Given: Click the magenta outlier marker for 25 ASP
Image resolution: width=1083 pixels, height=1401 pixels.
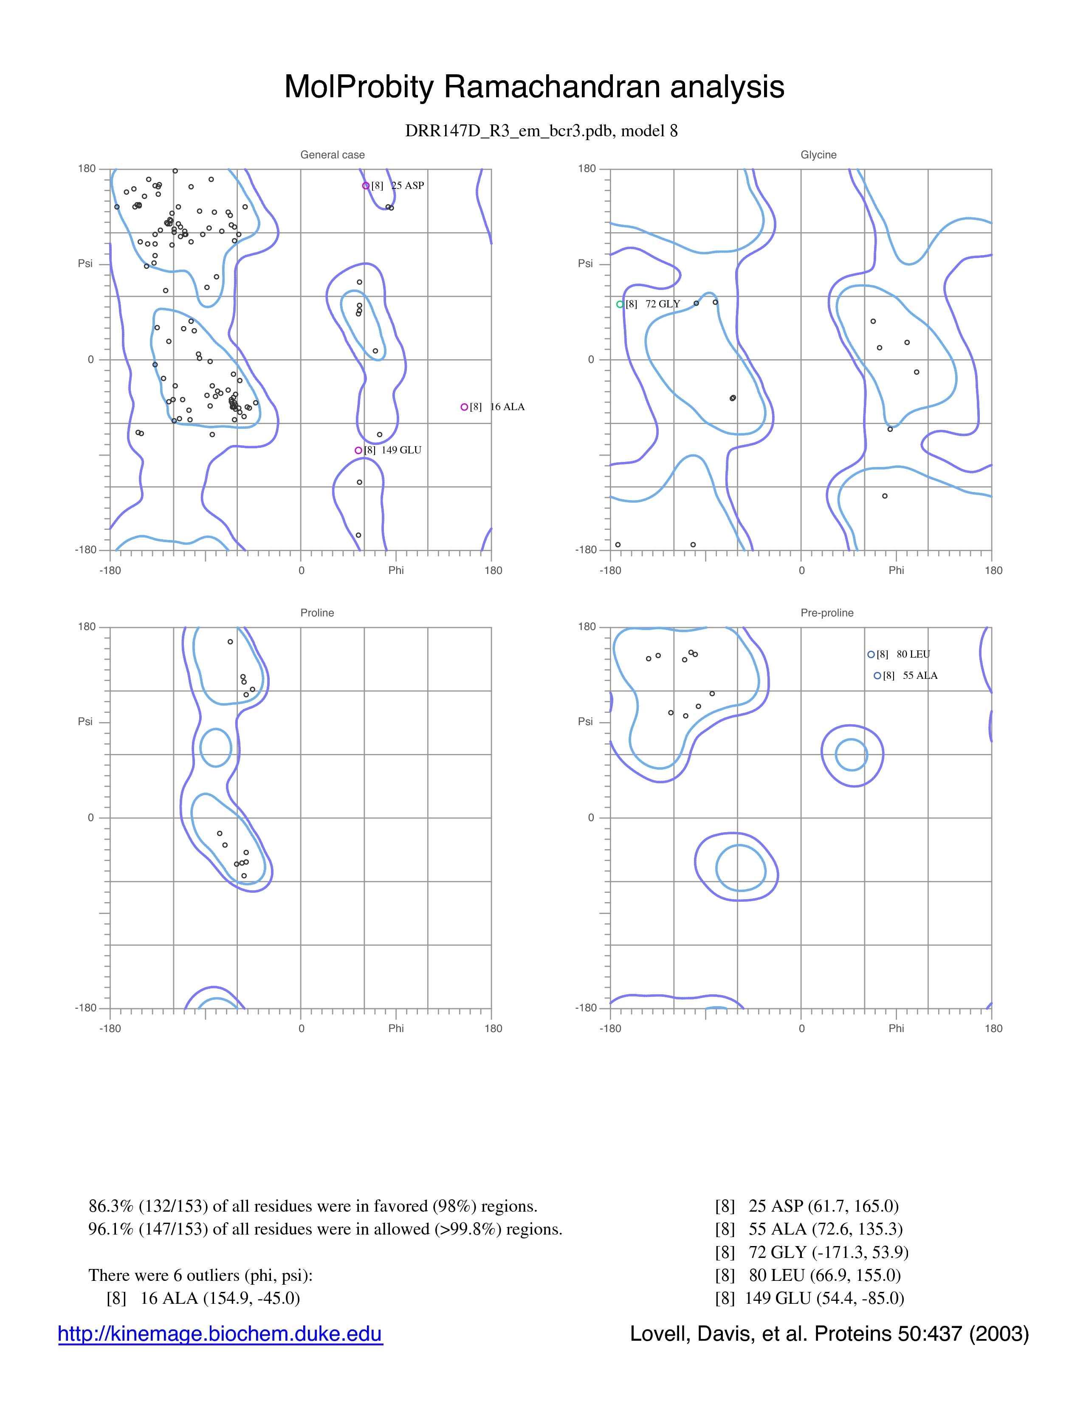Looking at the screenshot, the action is pyautogui.click(x=366, y=186).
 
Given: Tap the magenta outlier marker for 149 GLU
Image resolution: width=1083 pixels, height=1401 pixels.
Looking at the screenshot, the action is pyautogui.click(x=358, y=450).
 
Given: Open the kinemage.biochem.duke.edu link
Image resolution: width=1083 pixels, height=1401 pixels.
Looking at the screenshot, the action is pyautogui.click(x=220, y=1334).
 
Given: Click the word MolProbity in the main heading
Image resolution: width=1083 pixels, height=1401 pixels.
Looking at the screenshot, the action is pyautogui.click(x=359, y=87).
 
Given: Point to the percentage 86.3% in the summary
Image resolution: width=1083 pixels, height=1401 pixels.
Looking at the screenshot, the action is pyautogui.click(x=111, y=1207).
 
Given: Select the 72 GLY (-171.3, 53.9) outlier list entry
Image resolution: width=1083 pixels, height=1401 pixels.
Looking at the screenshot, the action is pyautogui.click(x=812, y=1252).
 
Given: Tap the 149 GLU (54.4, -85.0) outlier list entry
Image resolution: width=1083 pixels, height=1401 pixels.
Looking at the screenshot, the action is pyautogui.click(x=809, y=1298).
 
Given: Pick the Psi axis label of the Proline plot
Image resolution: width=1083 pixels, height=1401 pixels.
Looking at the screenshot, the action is pyautogui.click(x=85, y=722).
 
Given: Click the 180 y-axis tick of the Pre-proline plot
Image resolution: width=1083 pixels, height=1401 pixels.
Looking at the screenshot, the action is pyautogui.click(x=587, y=627).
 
